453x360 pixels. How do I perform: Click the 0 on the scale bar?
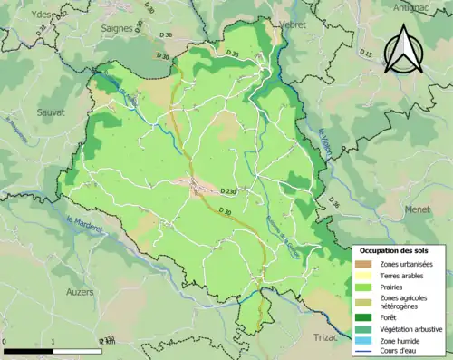tap(5, 341)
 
